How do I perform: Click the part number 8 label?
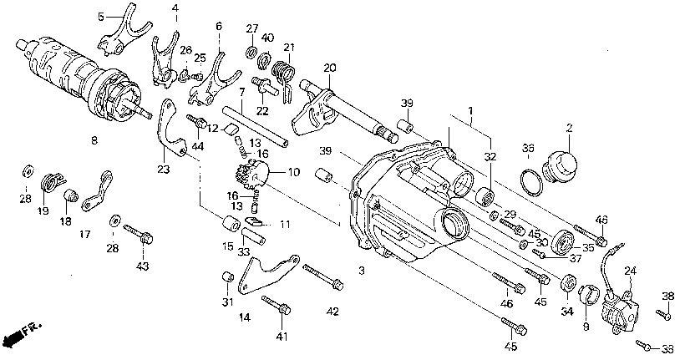click(94, 140)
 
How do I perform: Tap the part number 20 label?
click(330, 68)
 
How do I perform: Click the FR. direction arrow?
click(22, 332)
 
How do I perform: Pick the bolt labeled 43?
click(140, 234)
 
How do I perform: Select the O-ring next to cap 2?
click(531, 182)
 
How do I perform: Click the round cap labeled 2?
click(559, 167)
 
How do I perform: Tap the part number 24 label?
click(630, 271)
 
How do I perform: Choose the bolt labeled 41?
click(277, 306)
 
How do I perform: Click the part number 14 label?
click(245, 318)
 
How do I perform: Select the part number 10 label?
click(293, 172)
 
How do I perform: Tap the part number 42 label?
click(332, 312)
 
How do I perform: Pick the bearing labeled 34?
click(568, 284)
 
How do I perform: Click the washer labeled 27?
click(251, 53)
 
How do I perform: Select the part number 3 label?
click(362, 271)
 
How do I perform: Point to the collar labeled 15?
click(231, 223)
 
